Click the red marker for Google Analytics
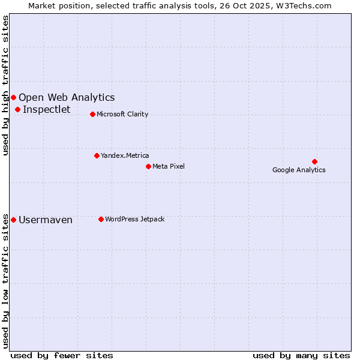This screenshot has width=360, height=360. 314,161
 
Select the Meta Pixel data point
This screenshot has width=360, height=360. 148,166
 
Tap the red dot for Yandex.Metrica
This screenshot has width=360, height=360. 97,155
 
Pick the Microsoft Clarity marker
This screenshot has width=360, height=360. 92,114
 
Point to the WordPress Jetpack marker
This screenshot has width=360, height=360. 101,219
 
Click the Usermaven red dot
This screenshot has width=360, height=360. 14,220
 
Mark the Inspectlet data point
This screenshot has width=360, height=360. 18,109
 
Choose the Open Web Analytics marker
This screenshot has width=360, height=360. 14,97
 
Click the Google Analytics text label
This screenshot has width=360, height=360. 299,170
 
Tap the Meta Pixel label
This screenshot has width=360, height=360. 169,166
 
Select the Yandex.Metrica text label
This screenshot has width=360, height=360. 125,155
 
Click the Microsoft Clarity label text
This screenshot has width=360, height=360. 122,114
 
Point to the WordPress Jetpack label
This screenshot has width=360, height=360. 134,219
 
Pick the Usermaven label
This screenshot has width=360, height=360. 46,220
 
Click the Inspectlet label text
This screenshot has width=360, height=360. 47,109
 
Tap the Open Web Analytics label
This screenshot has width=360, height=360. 67,97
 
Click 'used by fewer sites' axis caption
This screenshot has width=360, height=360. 62,355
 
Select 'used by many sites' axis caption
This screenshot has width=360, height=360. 301,355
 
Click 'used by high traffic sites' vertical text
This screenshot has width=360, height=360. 6,85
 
